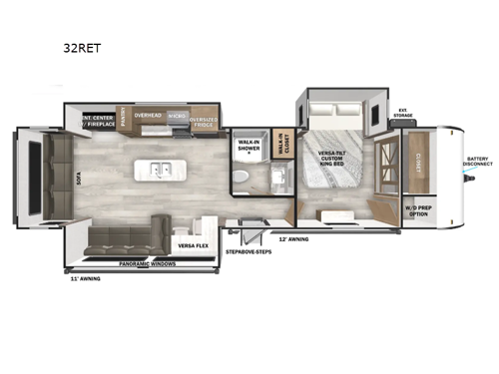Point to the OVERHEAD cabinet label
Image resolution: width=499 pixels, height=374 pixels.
pos(148,115)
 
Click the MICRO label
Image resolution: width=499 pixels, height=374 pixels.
pos(176,116)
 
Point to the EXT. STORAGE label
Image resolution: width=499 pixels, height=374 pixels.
pos(402,113)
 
